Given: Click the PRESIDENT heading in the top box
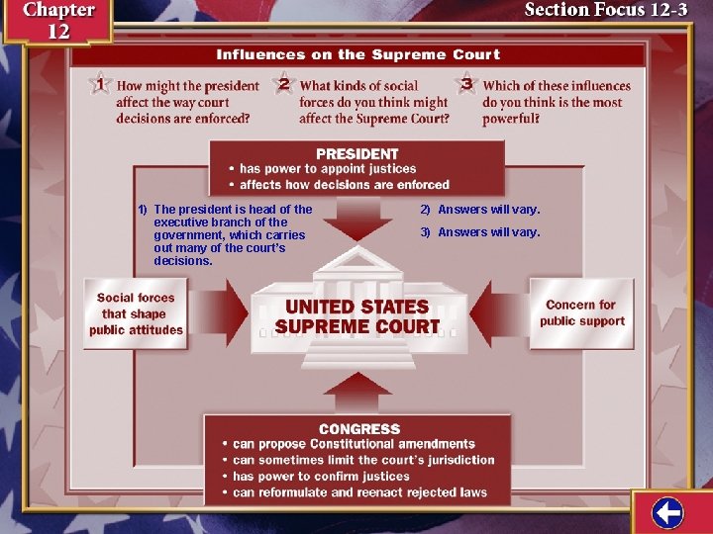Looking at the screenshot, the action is click(356, 154).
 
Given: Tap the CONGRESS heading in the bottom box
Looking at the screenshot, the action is click(359, 429).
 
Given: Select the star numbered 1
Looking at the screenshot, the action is click(99, 85).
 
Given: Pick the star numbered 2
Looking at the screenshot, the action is click(283, 85).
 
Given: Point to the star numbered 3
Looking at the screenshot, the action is click(466, 85).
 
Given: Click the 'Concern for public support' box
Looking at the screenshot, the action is click(581, 312).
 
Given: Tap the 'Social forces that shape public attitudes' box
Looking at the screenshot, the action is click(137, 313).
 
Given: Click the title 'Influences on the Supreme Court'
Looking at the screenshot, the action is click(358, 54).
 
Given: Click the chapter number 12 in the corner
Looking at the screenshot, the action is click(58, 31).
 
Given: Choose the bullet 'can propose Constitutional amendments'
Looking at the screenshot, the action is click(354, 445).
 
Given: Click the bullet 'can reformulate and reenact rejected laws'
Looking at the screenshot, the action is click(359, 492).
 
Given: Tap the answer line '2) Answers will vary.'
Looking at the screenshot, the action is click(480, 210).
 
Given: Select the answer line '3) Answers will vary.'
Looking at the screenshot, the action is click(480, 232).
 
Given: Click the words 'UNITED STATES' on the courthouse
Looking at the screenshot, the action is click(356, 307).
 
